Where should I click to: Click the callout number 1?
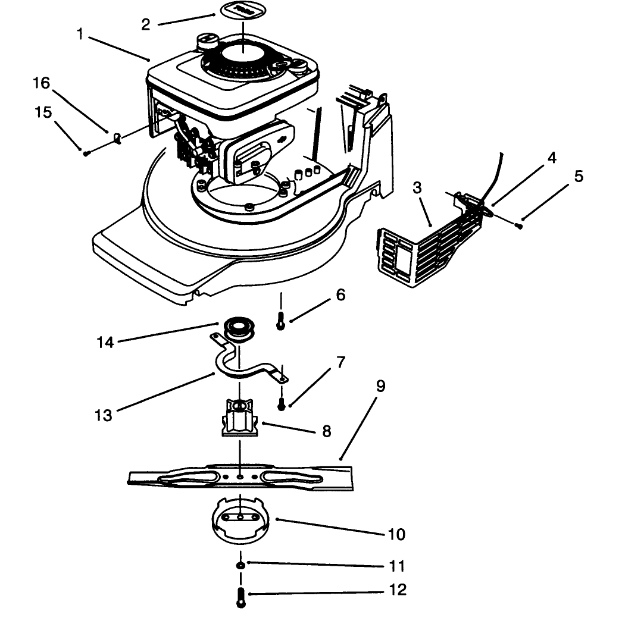(x=80, y=35)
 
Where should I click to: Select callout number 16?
(x=42, y=83)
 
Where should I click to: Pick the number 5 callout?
(x=579, y=176)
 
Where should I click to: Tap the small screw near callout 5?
(x=520, y=226)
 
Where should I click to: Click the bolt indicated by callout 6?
(x=281, y=321)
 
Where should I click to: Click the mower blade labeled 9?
(x=240, y=476)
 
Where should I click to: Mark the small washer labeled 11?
(x=240, y=566)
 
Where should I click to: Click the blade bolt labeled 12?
(x=240, y=597)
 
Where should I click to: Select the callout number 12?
(x=397, y=589)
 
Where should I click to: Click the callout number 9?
(x=381, y=385)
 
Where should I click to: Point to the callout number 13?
(x=104, y=415)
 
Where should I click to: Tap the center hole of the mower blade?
(x=240, y=476)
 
